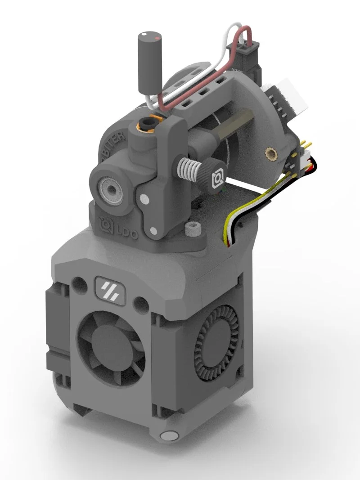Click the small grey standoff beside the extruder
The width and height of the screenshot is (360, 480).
[193, 229]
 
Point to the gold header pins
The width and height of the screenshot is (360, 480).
[304, 145]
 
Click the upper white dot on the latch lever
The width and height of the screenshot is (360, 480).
[144, 198]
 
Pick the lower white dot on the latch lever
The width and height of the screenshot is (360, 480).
[154, 231]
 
